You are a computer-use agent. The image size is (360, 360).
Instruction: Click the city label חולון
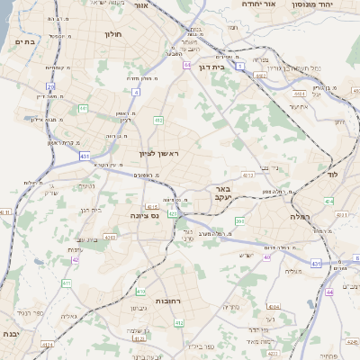[x=113, y=34]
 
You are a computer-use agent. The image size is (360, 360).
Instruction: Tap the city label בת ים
[x=24, y=40]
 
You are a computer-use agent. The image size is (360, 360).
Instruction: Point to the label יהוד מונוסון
[x=312, y=4]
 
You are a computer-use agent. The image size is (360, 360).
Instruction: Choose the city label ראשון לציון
[x=159, y=154]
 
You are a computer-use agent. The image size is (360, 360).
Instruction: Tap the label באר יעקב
[x=222, y=193]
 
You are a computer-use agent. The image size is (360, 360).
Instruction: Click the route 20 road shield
[x=51, y=87]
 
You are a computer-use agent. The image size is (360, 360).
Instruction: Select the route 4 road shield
[x=135, y=92]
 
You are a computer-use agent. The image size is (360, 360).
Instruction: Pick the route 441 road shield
[x=83, y=108]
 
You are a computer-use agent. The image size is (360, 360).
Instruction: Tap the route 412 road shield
[x=157, y=120]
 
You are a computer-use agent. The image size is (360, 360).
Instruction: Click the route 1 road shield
[x=186, y=65]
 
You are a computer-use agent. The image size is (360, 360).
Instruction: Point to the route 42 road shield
[x=76, y=259]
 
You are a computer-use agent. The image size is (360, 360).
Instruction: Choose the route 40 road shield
[x=267, y=257]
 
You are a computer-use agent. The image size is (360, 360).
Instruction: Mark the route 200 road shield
[x=239, y=220]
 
